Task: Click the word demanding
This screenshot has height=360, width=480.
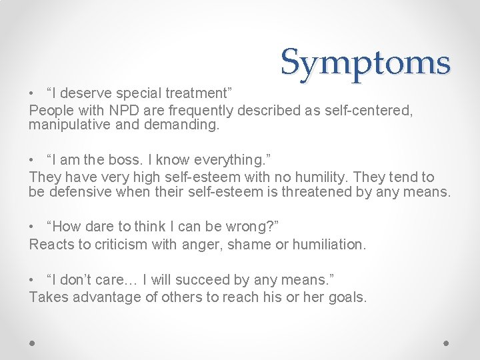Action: point(182,125)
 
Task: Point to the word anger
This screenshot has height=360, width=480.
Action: point(200,245)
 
